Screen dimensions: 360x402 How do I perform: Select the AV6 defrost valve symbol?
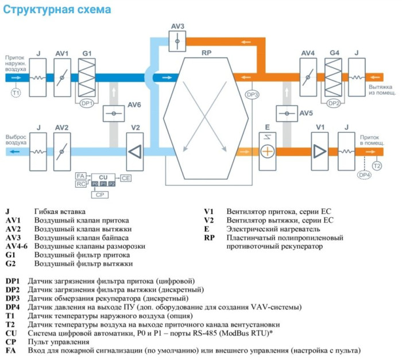click(x=114, y=114)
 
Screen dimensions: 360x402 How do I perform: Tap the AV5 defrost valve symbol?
click(x=287, y=114)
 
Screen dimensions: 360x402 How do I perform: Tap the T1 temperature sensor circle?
click(x=16, y=92)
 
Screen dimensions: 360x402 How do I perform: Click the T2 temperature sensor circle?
click(x=377, y=165)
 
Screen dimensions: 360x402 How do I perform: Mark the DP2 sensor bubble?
click(x=334, y=103)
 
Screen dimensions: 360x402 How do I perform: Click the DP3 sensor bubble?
click(x=252, y=94)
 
